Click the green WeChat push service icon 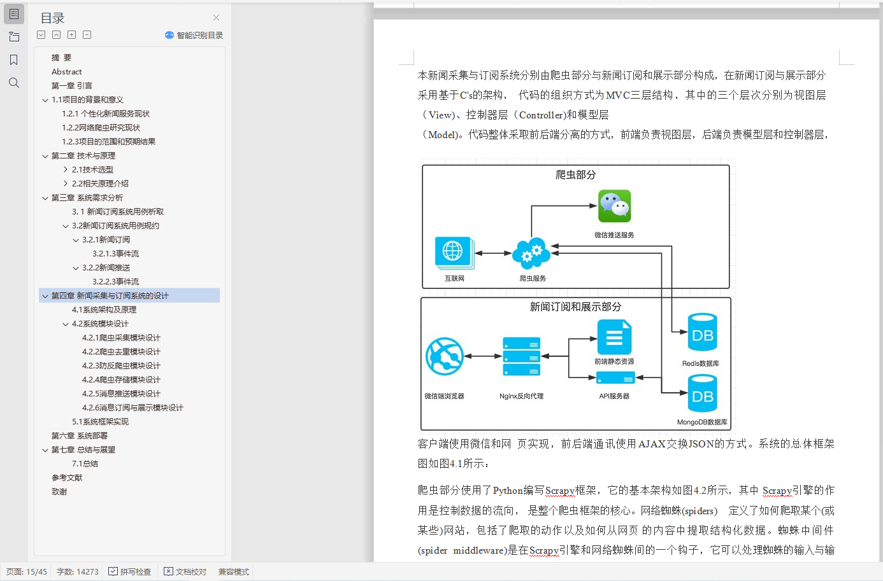(614, 206)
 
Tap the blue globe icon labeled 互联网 (454, 252)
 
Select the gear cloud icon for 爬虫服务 (531, 253)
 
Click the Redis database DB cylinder (702, 332)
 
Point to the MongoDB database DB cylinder (702, 393)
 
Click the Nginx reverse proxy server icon (521, 356)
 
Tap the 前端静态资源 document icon (614, 337)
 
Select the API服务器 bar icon (615, 378)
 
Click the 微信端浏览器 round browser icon (445, 356)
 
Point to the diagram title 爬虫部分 (575, 174)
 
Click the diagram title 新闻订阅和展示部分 (575, 307)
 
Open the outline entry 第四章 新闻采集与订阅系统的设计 (110, 295)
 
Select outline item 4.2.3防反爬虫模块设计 (121, 365)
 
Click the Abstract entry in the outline (67, 72)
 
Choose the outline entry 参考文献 (67, 477)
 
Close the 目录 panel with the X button (216, 18)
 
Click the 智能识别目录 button (194, 35)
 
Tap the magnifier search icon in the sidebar (14, 83)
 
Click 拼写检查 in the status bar (130, 571)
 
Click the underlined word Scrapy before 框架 (560, 490)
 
